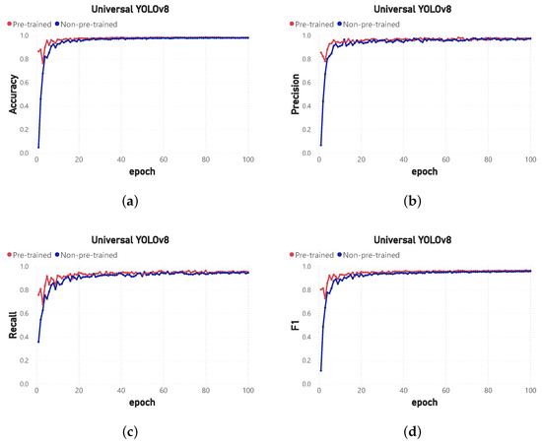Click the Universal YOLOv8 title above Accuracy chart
pyautogui.click(x=133, y=9)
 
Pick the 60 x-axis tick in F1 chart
pyautogui.click(x=444, y=394)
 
